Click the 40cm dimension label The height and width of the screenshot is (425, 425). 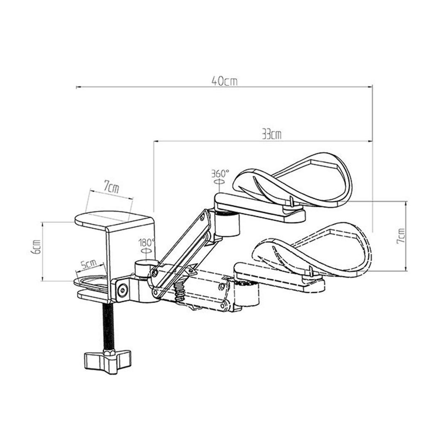[x=224, y=81]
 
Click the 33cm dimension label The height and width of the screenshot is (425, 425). [x=272, y=134]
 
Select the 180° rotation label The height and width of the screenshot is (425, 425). [x=147, y=242]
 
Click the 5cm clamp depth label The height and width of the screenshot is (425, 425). [x=88, y=264]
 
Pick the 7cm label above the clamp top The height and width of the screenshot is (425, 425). [x=111, y=188]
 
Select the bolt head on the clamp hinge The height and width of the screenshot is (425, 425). [x=122, y=291]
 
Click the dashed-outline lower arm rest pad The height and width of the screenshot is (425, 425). [x=315, y=249]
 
